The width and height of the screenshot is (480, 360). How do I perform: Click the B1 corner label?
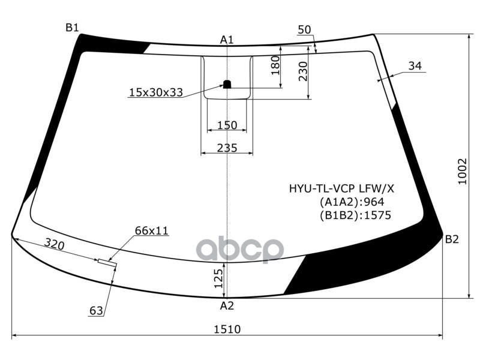72,27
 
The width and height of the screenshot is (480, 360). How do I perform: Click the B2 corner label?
452,239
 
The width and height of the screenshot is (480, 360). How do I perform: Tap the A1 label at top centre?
227,40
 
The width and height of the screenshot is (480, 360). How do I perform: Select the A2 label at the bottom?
226,306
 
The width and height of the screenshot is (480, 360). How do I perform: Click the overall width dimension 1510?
227,329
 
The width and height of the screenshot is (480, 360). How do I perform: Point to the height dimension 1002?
461,171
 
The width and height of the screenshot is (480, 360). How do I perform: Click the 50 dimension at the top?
304,30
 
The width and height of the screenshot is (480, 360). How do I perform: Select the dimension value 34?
415,66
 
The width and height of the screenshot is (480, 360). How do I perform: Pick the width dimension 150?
227,125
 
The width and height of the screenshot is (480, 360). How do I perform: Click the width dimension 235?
227,148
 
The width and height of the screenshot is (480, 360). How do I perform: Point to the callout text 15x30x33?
155,92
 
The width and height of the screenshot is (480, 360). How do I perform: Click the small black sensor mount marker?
227,84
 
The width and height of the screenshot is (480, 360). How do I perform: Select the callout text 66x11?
151,230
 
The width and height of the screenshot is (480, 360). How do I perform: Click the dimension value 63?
96,311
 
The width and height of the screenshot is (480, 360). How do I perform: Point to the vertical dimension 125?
219,278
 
